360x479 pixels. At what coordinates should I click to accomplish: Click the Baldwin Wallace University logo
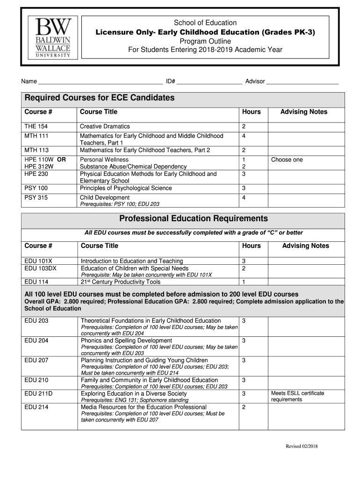tap(51, 38)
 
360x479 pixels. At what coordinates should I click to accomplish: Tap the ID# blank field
tap(209, 82)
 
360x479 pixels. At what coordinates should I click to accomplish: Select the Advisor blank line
tap(302, 82)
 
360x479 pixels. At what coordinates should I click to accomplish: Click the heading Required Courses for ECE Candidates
tap(100, 98)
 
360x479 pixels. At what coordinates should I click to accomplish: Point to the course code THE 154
tap(36, 127)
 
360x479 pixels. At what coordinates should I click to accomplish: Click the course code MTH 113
tap(36, 150)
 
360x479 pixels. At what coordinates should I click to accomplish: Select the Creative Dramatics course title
tap(105, 127)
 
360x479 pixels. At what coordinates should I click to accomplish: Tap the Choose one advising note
tap(287, 160)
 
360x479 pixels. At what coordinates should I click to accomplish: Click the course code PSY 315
tap(36, 197)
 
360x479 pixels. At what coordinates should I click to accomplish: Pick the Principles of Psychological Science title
tap(126, 188)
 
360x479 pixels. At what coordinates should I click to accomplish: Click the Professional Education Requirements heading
tap(194, 218)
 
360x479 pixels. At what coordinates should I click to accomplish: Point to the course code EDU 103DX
tap(40, 269)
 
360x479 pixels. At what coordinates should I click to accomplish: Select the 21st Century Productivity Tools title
tap(121, 282)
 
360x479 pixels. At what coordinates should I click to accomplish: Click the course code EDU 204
tap(36, 341)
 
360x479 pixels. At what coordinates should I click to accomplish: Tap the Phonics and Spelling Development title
tap(126, 341)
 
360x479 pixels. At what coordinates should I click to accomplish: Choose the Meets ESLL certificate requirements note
tap(297, 396)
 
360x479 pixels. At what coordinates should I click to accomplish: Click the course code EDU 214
tap(36, 407)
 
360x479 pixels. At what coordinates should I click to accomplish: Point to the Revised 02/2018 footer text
tap(302, 446)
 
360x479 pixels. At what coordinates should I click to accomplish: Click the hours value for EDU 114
tap(244, 282)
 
